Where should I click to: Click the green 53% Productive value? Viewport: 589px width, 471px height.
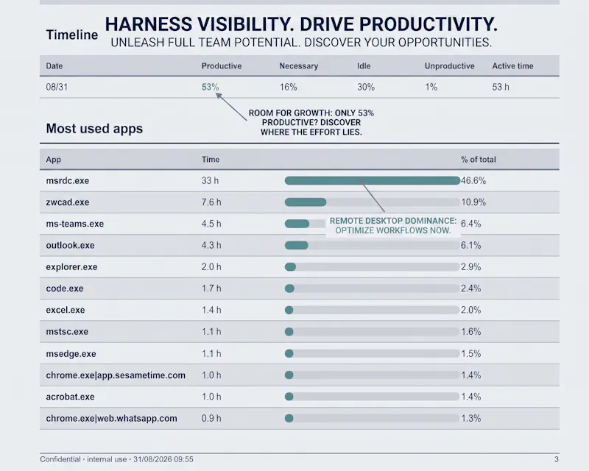coord(210,87)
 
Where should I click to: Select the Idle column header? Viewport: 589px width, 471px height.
coord(364,66)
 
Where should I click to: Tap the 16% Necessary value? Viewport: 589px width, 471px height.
coord(288,87)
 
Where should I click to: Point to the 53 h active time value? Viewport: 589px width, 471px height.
coord(501,87)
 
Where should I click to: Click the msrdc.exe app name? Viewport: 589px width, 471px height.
coord(68,180)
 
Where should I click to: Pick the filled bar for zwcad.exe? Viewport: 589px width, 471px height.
coord(306,202)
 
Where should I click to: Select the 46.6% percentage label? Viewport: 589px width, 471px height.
coord(473,180)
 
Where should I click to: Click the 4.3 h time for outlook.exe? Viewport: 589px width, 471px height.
coord(211,245)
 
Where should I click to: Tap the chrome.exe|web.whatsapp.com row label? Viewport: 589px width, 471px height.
coord(112,419)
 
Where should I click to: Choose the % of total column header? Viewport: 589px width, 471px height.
coord(478,160)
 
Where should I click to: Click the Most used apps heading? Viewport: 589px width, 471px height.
coord(94,129)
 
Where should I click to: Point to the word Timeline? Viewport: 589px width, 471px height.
coord(71,35)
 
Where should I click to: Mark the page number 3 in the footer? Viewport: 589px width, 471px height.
coord(557,459)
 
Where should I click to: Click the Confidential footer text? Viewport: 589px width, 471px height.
coord(60,459)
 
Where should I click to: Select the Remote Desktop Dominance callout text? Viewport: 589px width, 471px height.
coord(393,225)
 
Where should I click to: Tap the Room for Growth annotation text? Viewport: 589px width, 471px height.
coord(311,122)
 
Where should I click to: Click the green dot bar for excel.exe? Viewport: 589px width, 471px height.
coord(289,311)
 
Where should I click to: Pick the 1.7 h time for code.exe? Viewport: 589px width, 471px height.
coord(211,288)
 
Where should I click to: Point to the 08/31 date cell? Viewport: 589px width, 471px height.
coord(57,87)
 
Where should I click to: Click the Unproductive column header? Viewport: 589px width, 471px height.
coord(449,66)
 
